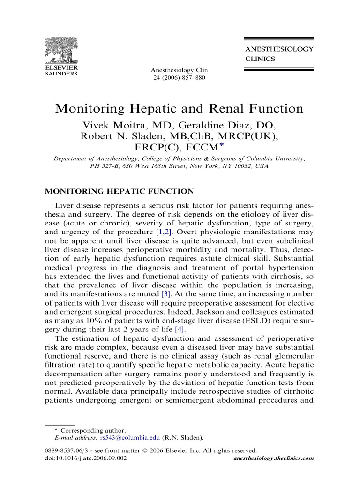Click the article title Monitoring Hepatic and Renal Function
click(x=180, y=109)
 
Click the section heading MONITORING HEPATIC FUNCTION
click(x=119, y=192)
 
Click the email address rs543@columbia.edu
click(x=129, y=438)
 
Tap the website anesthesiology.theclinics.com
click(x=273, y=458)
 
